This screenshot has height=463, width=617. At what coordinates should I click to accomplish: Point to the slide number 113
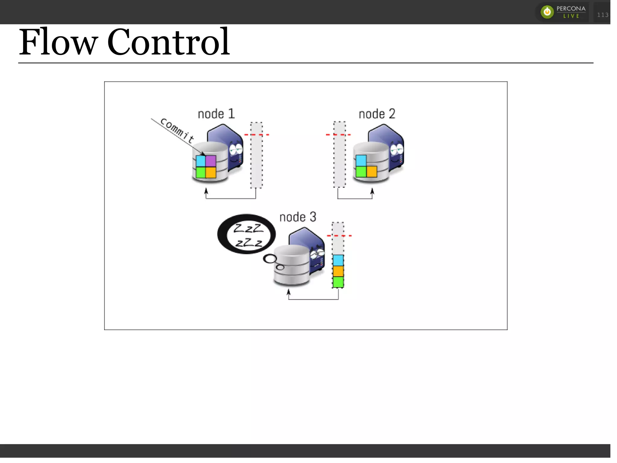[x=603, y=15]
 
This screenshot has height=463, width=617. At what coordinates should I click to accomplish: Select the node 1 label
[x=216, y=114]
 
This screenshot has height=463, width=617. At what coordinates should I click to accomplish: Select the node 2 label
[x=377, y=114]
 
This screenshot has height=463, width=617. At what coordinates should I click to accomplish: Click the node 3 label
[x=298, y=217]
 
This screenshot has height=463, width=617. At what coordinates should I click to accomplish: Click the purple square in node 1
[x=211, y=161]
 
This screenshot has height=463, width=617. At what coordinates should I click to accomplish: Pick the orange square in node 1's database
[x=211, y=172]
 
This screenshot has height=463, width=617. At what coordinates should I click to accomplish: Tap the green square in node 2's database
[x=361, y=172]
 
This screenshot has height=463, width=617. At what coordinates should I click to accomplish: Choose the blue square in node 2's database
[x=361, y=160]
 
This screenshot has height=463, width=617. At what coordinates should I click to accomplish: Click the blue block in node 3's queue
[x=338, y=260]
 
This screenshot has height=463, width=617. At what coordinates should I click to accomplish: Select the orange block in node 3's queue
[x=338, y=271]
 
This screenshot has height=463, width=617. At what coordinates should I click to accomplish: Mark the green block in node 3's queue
[x=338, y=282]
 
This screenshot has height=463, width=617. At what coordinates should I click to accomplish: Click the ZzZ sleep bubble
[x=246, y=234]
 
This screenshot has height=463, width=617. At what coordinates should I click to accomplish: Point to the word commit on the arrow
[x=177, y=130]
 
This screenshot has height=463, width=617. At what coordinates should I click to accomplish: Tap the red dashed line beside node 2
[x=338, y=135]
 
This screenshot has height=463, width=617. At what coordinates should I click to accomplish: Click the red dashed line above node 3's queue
[x=339, y=236]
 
